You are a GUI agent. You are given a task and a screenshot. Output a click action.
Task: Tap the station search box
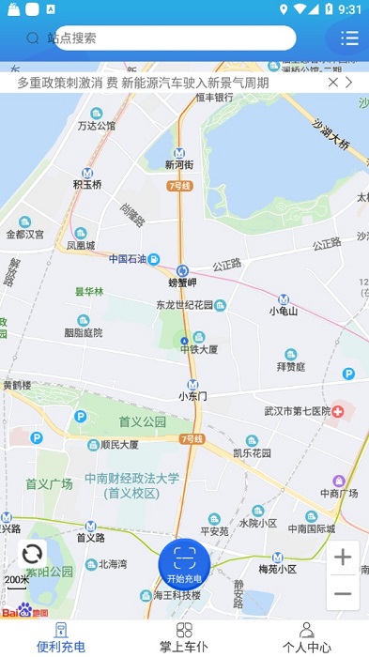174,38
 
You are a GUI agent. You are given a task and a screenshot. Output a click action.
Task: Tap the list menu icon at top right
349,38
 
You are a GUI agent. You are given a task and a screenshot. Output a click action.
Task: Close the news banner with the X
333,83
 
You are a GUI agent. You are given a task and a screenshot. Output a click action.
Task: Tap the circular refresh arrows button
32,554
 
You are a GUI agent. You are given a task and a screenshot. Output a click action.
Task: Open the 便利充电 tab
61,637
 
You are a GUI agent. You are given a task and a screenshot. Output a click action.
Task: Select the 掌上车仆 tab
184,637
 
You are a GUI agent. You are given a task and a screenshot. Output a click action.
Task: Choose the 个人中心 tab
306,637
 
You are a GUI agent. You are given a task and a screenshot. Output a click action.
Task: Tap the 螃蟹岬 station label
183,282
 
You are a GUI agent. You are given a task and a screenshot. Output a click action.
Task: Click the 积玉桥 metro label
87,184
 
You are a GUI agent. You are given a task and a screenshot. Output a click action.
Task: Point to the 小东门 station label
192,395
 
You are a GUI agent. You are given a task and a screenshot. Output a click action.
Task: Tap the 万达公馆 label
97,125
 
